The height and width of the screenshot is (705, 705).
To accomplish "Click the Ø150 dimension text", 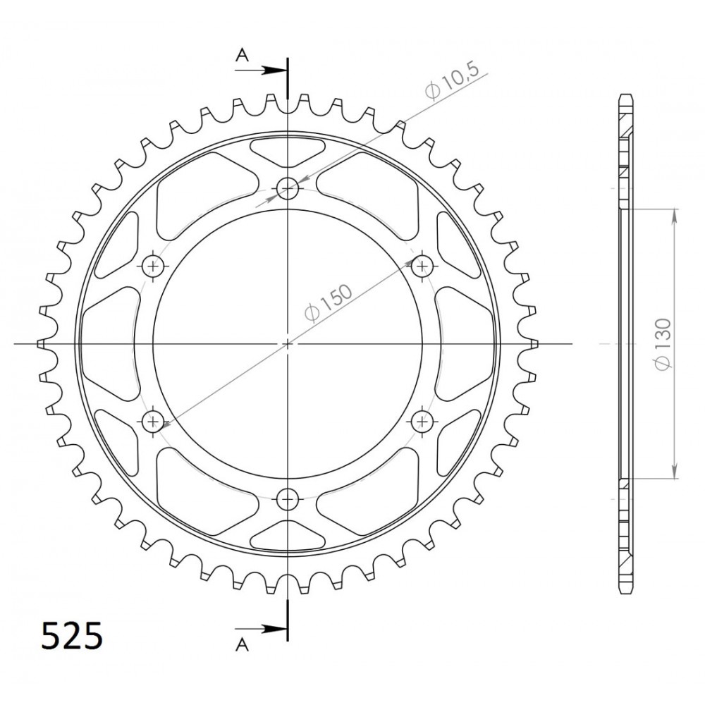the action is click(x=329, y=303).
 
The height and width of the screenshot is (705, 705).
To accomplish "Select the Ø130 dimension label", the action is click(x=663, y=345).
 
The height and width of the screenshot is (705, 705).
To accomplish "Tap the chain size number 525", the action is click(x=72, y=636).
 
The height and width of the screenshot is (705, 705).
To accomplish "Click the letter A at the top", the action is click(x=243, y=55).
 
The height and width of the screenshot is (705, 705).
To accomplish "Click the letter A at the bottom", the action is click(x=242, y=645).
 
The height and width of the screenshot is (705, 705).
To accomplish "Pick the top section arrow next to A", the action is click(x=261, y=70).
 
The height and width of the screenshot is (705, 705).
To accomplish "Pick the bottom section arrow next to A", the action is click(x=261, y=629).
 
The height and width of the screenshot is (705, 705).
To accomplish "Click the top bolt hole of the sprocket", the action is click(x=288, y=188).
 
